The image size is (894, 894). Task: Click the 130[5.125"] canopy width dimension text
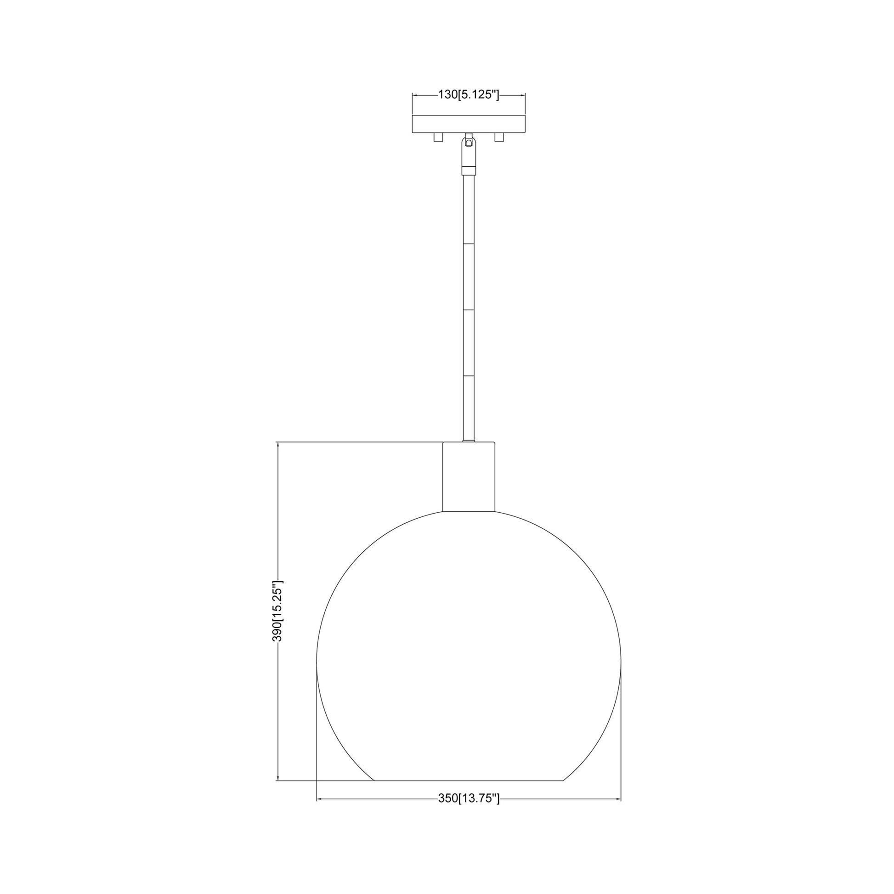tap(468, 95)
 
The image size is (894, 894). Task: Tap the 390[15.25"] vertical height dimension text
tap(277, 611)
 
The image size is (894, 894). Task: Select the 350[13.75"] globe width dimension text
tap(469, 798)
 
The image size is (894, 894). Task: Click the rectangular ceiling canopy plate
tap(469, 124)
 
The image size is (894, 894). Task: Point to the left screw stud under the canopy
tap(438, 137)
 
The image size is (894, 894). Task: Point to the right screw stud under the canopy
tap(499, 137)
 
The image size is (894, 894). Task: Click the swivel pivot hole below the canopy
tap(469, 143)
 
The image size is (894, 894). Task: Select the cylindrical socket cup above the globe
tap(469, 477)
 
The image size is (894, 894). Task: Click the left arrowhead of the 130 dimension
tap(416, 95)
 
